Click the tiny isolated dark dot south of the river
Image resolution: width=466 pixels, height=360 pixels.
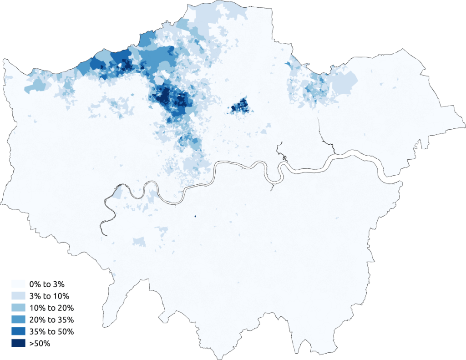pyautogui.click(x=195, y=217)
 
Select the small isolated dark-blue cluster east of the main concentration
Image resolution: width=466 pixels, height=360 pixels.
pyautogui.click(x=240, y=106)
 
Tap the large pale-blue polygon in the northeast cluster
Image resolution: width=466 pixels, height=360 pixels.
pyautogui.click(x=344, y=82)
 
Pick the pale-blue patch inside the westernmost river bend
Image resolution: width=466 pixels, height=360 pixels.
pyautogui.click(x=117, y=193)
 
